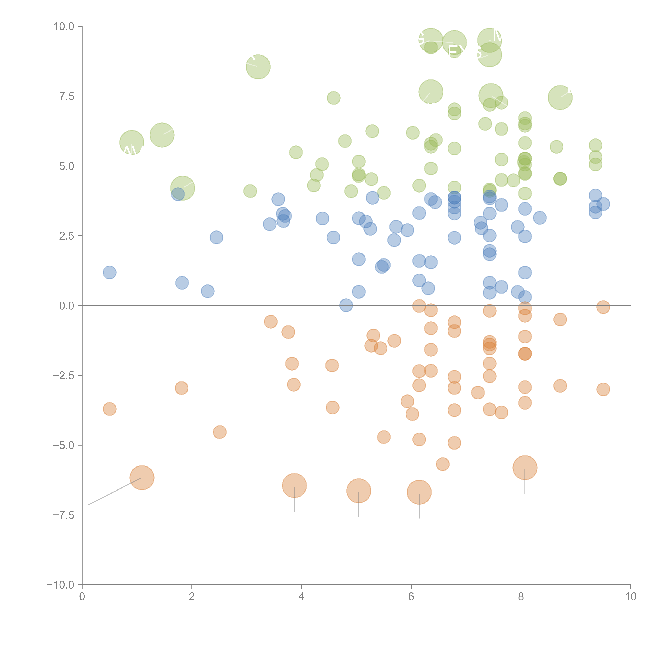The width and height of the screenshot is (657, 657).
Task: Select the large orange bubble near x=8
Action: tap(525, 468)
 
